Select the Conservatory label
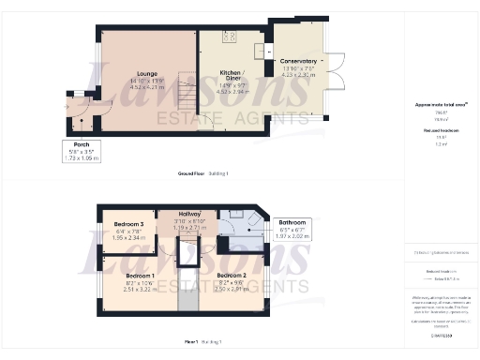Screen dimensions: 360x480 [298, 61]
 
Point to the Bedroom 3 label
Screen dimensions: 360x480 [128, 225]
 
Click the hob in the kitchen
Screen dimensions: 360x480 [228, 36]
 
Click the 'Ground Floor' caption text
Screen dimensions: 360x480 [192, 174]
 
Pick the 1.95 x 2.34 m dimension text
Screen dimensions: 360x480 [128, 238]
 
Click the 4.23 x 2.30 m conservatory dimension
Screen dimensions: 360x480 [298, 75]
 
